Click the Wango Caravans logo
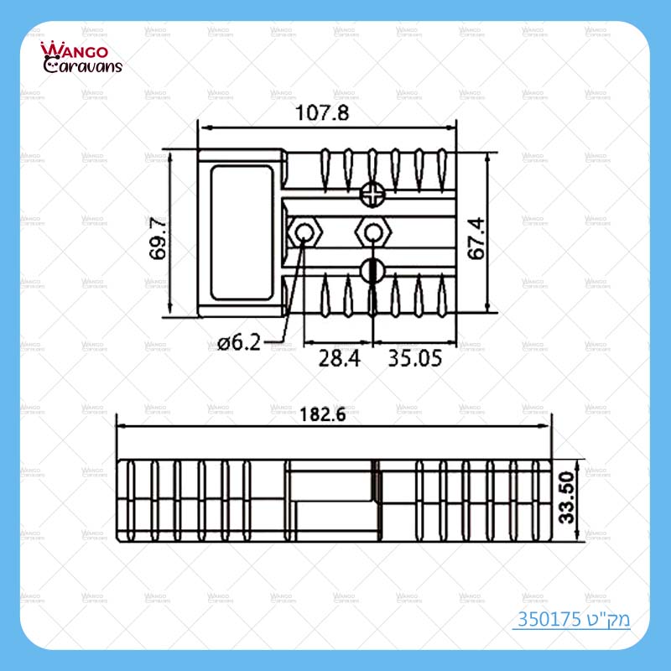[x=81, y=57]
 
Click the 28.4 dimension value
[x=339, y=359]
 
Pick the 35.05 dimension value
[x=414, y=359]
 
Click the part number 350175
[x=544, y=622]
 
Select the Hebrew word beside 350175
[x=603, y=622]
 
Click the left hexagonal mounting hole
[x=304, y=231]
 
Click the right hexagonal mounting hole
[x=372, y=231]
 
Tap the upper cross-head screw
[x=372, y=195]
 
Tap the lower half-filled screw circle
[x=372, y=269]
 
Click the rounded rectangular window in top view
[x=242, y=233]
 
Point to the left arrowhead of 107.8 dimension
[x=201, y=128]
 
